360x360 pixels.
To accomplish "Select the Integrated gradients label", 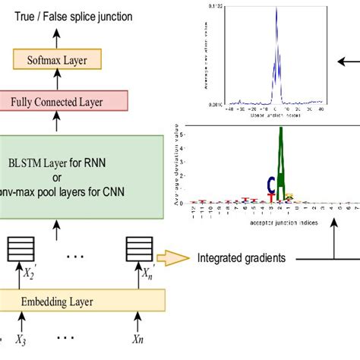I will click(242, 258).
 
